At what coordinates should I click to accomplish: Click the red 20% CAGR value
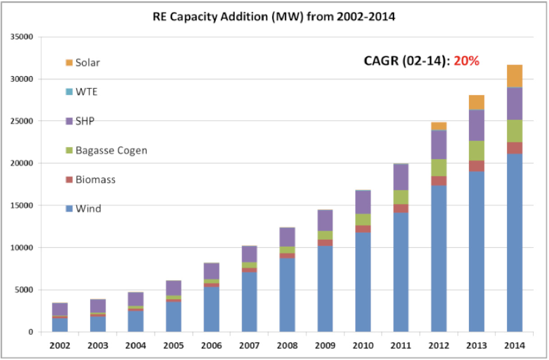point(466,61)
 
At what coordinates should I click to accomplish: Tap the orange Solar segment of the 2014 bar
point(514,76)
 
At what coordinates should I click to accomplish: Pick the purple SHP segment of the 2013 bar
point(476,125)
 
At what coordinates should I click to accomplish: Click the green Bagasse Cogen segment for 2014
point(514,131)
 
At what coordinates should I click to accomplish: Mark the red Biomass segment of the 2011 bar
point(401,208)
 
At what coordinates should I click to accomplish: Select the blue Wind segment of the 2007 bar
point(249,302)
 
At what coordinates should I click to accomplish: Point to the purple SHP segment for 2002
point(60,309)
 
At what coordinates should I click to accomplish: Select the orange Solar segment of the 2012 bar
point(439,126)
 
